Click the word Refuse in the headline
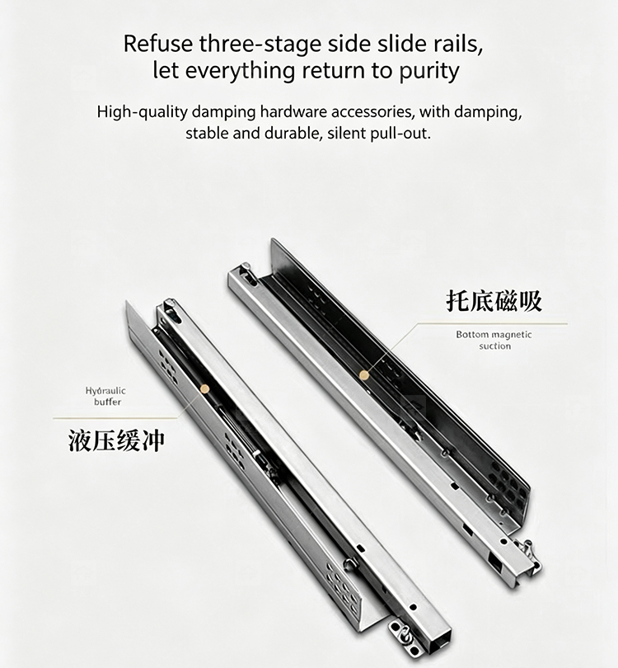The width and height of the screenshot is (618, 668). [157, 44]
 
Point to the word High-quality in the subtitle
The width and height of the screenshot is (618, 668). [143, 112]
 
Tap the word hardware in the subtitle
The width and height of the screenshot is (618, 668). [293, 112]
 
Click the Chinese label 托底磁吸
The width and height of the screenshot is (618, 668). [494, 301]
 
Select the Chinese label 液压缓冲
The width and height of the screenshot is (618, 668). [116, 440]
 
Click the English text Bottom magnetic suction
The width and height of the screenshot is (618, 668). [494, 340]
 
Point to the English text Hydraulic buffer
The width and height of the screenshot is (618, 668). [105, 396]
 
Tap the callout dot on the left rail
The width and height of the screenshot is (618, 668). [205, 388]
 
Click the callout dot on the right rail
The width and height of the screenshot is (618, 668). [364, 375]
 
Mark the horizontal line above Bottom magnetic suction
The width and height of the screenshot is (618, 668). [493, 324]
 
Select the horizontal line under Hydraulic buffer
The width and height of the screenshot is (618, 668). [115, 418]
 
